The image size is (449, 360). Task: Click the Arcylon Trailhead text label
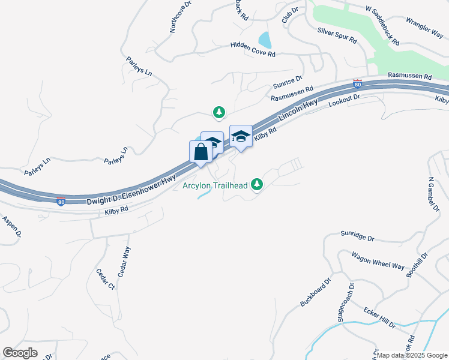(215, 185)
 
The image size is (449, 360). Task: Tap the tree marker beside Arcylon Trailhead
(258, 184)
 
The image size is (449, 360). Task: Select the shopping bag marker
(200, 152)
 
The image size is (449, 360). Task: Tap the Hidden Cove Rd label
(253, 50)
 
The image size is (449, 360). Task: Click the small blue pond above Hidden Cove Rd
(264, 40)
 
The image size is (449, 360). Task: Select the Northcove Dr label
(179, 16)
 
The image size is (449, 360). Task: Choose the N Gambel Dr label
(430, 194)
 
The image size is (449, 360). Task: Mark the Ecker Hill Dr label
(379, 317)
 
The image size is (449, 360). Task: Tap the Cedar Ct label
(105, 278)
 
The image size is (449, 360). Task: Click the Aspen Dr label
(11, 226)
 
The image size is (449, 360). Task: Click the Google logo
(20, 352)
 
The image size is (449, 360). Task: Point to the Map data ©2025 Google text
(412, 355)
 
